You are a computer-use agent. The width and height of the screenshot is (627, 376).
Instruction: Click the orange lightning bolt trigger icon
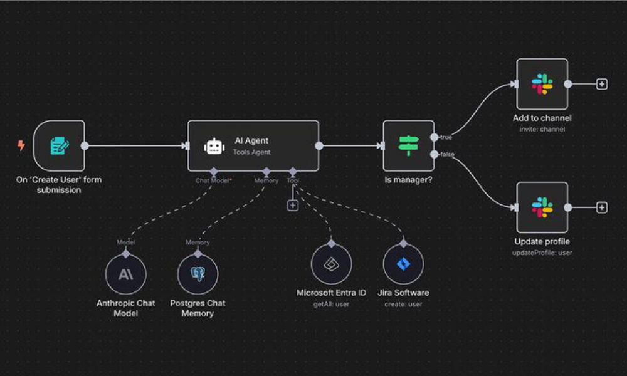coord(21,145)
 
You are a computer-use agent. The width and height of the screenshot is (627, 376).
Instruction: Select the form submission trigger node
coord(59,146)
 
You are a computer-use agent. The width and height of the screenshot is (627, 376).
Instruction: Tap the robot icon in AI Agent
coord(214,146)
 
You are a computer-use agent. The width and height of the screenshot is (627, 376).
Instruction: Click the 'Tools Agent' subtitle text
coord(251,152)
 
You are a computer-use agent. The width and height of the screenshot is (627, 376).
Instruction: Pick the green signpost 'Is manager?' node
coord(408,145)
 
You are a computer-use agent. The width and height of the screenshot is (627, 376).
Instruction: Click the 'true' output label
coord(445,137)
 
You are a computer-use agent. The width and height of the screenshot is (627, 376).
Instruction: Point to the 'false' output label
coord(446,155)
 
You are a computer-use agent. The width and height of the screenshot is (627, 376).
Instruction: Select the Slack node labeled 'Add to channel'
coord(542,84)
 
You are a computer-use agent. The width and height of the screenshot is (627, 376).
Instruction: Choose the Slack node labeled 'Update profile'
coord(542,207)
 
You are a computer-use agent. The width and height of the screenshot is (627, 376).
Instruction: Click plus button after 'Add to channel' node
coord(602,84)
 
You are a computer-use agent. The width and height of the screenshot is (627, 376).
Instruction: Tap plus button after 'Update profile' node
coord(602,207)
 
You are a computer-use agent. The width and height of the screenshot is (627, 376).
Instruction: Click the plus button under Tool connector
coord(292,206)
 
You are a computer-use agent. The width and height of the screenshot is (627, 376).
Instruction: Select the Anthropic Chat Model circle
coord(125,274)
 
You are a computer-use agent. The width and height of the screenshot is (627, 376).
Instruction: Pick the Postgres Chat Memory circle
coord(198,274)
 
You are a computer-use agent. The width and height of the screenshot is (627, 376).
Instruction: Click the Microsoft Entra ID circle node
coord(331,264)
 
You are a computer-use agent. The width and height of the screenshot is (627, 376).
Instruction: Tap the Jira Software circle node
coord(403,264)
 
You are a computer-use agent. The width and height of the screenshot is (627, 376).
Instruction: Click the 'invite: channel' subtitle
coord(542,129)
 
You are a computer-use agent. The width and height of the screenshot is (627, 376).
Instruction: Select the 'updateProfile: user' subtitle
coord(542,253)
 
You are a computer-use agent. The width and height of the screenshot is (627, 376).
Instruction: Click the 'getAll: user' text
coord(331,304)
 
